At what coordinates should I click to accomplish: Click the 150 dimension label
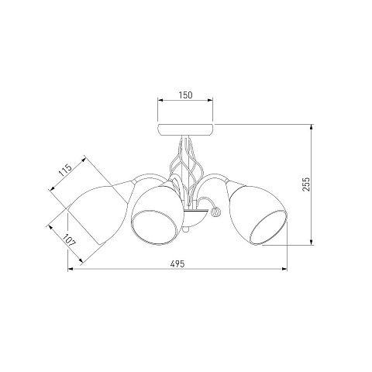click(x=185, y=95)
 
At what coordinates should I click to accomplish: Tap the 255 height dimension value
click(x=306, y=184)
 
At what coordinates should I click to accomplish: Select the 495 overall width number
click(x=177, y=263)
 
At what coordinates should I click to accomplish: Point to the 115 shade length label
click(x=65, y=170)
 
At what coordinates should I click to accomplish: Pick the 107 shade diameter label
click(x=69, y=240)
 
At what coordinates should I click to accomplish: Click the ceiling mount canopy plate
click(x=185, y=130)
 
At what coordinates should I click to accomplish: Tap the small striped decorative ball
click(x=215, y=212)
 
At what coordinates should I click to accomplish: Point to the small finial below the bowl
click(x=186, y=229)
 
